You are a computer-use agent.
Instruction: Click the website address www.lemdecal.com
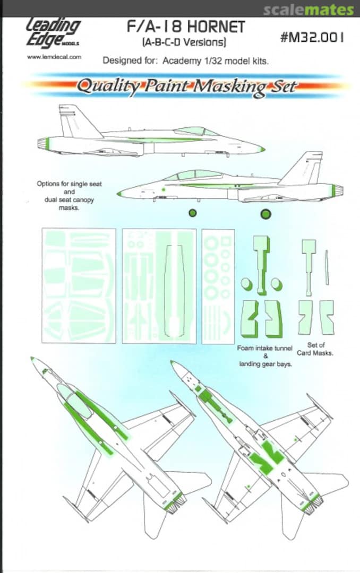[x=54, y=57]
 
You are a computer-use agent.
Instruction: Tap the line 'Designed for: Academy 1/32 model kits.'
[x=185, y=60]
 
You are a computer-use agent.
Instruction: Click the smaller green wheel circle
[x=193, y=213]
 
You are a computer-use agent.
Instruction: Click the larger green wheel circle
[x=265, y=214]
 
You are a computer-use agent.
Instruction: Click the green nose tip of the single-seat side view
[x=262, y=149]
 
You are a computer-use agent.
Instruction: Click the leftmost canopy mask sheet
[x=79, y=285]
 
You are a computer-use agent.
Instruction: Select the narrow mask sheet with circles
[x=218, y=286]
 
